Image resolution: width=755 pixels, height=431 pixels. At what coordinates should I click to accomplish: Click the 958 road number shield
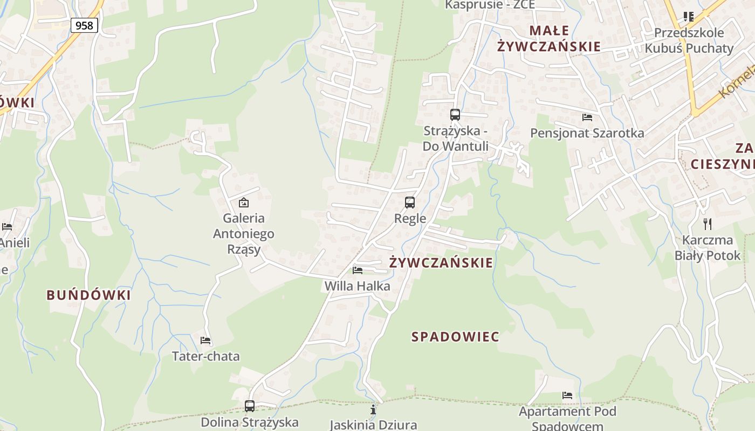[84, 25]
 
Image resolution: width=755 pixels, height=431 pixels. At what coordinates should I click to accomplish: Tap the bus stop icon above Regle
[410, 203]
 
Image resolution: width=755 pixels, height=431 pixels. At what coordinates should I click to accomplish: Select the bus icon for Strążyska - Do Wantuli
[455, 114]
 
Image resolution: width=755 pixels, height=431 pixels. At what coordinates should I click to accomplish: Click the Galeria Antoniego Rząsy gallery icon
[244, 203]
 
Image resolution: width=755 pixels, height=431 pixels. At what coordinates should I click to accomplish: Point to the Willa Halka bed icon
[357, 270]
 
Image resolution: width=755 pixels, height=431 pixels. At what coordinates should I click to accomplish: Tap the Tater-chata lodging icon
[205, 340]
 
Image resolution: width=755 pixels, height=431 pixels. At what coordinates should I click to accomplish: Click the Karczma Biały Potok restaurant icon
[708, 224]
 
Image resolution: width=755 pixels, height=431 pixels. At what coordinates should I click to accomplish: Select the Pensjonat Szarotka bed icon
[587, 117]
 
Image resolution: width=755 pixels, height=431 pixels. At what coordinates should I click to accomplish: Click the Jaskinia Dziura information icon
[373, 410]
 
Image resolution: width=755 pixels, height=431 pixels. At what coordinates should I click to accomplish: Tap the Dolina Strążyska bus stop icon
[250, 406]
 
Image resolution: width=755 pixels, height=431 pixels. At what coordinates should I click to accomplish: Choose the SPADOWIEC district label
[456, 337]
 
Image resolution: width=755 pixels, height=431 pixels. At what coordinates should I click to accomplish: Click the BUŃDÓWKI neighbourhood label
[88, 295]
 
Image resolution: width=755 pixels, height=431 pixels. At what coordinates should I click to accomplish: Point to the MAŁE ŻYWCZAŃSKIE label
[549, 38]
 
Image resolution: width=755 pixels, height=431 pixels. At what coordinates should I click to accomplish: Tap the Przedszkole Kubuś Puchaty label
[689, 40]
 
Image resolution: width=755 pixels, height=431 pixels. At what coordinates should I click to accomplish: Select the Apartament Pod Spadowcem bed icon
[567, 395]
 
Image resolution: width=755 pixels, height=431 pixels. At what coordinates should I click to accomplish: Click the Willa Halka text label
[357, 286]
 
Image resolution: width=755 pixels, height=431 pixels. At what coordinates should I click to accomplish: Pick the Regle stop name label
[410, 219]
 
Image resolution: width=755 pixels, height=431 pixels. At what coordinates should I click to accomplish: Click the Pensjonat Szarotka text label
[587, 133]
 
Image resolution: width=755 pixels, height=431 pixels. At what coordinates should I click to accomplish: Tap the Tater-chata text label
[205, 356]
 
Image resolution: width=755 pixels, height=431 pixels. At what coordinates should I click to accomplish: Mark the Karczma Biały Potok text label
[708, 248]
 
